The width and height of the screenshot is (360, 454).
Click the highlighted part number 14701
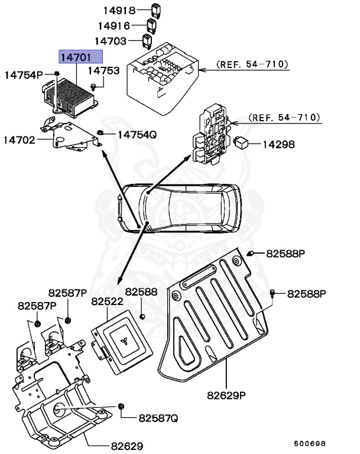point(80,57)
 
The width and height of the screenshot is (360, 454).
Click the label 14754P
point(24,74)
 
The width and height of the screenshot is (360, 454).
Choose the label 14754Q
point(137,134)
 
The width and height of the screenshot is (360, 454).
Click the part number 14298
point(278,144)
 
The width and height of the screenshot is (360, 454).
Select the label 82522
point(106,301)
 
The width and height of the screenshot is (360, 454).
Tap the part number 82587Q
point(158,418)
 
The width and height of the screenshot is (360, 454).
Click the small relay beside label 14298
point(242,142)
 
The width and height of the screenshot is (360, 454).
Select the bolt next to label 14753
point(93,87)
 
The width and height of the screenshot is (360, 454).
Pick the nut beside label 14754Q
point(101,133)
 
